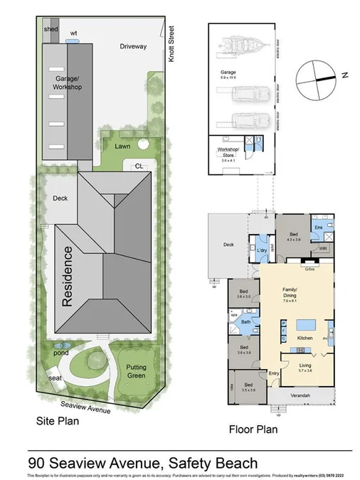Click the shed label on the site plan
[x=50, y=29]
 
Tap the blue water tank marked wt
[x=73, y=42]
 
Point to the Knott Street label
[x=171, y=45]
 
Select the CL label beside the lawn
[x=139, y=166]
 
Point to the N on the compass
[x=343, y=75]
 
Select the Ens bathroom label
[x=319, y=228]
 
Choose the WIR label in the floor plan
[x=322, y=249]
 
